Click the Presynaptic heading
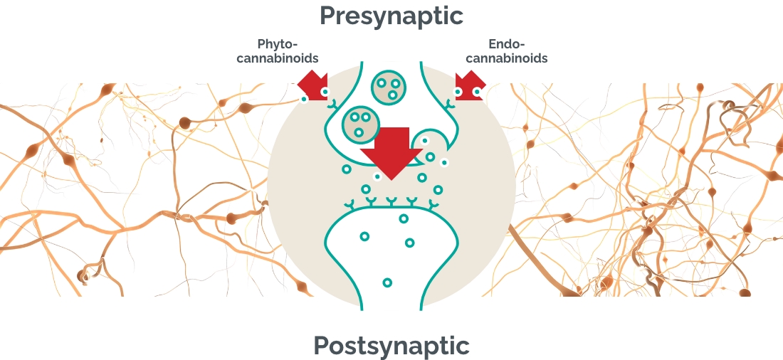(391, 16)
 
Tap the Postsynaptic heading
(391, 346)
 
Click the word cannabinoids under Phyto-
(278, 58)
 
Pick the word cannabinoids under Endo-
(506, 58)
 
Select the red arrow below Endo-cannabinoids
(471, 85)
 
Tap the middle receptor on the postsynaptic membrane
(391, 203)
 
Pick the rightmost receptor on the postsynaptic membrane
(431, 206)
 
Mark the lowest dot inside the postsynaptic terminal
(387, 282)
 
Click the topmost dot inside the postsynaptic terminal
(404, 218)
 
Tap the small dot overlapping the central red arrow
(377, 176)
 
